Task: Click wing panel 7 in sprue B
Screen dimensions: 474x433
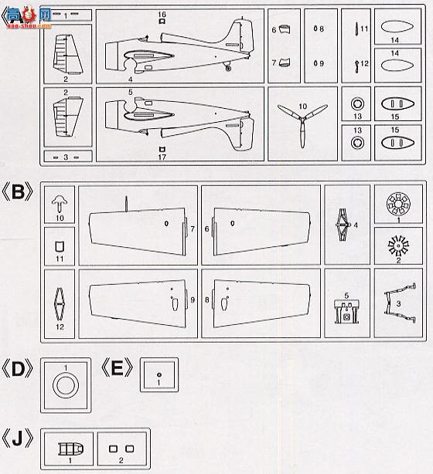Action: click(139, 229)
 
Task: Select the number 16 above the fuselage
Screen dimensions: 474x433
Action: click(162, 15)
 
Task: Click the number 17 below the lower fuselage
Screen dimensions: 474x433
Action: click(162, 157)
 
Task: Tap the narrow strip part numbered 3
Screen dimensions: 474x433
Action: click(66, 157)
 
